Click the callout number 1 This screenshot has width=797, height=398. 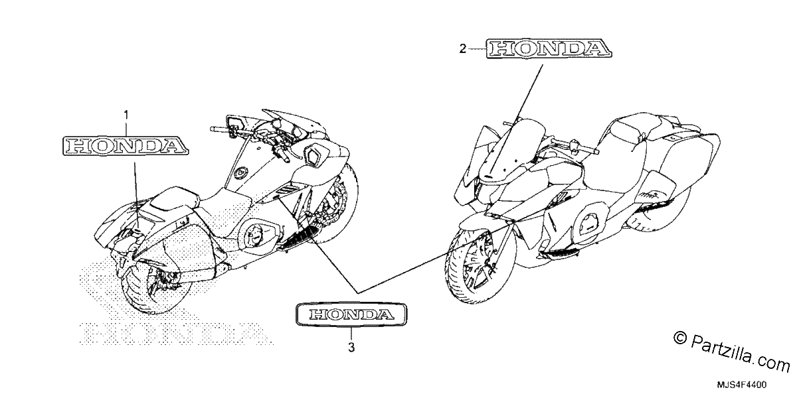coord(126,115)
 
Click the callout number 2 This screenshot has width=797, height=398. coord(462,48)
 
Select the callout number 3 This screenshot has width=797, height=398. coord(351,347)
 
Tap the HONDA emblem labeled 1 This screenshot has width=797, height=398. coord(126,146)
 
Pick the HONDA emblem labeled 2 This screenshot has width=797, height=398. coord(549,48)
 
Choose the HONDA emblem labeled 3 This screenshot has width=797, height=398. coord(351,314)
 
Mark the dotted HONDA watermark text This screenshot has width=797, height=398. coord(177,333)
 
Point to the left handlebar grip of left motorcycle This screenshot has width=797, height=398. coord(216,129)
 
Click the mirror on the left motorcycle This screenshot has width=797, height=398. coord(236,123)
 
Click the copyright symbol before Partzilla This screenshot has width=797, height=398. coord(679,338)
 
